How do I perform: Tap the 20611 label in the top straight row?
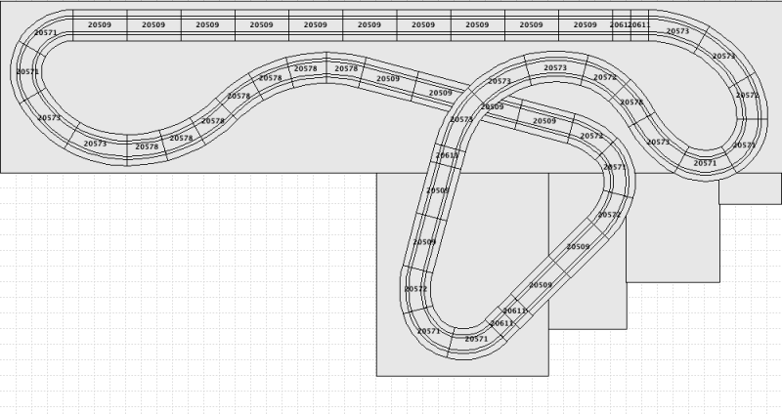point(638,24)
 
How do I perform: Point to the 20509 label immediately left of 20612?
point(585,24)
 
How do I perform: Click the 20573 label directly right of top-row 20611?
point(677,31)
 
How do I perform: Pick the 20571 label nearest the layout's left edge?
point(27,72)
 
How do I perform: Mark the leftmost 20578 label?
point(147,146)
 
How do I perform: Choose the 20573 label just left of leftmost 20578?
point(95,144)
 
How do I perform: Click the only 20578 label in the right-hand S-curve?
point(631,102)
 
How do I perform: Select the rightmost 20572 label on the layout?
point(747,96)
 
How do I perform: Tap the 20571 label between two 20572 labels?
point(614,167)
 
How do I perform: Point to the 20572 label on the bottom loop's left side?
point(415,289)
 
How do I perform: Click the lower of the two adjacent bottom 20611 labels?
point(501,322)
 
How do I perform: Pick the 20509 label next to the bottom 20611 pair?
point(541,285)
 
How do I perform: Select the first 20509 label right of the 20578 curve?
point(387,78)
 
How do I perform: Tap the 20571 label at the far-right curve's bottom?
point(705,163)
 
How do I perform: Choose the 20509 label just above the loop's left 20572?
point(423,241)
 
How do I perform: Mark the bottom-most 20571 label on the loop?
point(476,339)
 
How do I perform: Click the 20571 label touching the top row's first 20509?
point(45,32)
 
